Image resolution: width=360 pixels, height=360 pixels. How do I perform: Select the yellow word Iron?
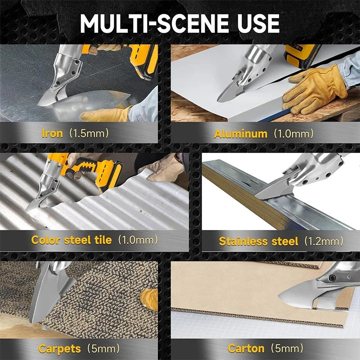tap(52, 133)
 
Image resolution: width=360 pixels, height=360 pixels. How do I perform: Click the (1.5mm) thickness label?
tap(89, 133)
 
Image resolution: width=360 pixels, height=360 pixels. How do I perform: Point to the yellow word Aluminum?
tap(241, 134)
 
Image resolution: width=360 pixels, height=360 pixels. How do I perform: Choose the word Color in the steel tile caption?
tap(46, 240)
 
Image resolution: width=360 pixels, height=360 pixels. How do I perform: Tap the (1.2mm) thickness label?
tap(324, 241)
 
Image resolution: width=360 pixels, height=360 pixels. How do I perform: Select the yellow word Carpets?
tap(60, 349)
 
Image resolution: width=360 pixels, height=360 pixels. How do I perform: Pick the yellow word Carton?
tap(246, 348)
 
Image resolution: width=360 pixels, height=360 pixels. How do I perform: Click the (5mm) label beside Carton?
tap(287, 348)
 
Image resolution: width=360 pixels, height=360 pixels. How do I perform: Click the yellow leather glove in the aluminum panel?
tap(315, 90)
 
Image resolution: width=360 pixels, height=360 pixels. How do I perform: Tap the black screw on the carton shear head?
tap(332, 278)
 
